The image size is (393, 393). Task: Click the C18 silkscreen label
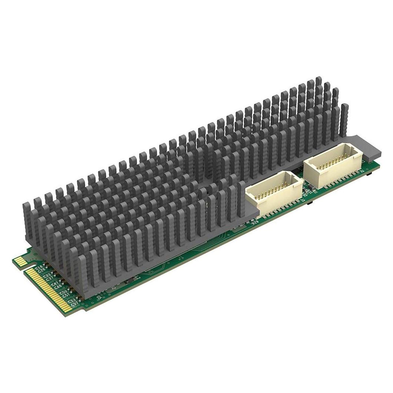[40, 267]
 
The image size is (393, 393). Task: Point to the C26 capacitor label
[42, 270]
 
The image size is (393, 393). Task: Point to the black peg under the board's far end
[370, 174]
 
